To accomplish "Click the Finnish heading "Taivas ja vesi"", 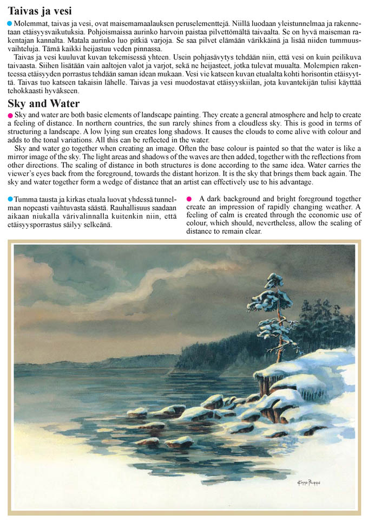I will click(x=40, y=11).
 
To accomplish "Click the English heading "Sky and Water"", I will click(x=44, y=103).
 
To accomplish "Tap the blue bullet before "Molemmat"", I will click(x=10, y=24).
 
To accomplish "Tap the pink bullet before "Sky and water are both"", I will click(x=10, y=116).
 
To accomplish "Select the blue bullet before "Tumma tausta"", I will click(x=10, y=199).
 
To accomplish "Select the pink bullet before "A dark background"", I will click(x=189, y=199).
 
